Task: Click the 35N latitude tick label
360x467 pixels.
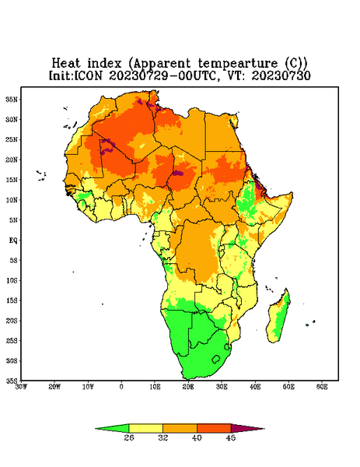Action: (x=12, y=100)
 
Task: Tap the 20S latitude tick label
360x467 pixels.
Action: (x=12, y=321)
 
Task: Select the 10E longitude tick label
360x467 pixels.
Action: (x=155, y=387)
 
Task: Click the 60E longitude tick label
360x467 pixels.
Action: (x=322, y=387)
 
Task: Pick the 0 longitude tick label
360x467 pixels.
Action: (x=121, y=387)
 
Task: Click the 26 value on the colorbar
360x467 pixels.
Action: (x=129, y=437)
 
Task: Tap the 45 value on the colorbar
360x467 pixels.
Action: (x=231, y=437)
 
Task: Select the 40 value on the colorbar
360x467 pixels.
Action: (x=197, y=437)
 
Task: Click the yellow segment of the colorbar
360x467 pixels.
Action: (x=145, y=429)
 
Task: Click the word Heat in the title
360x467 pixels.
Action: (x=66, y=64)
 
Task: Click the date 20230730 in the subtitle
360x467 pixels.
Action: (x=281, y=75)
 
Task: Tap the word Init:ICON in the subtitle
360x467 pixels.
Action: (x=76, y=75)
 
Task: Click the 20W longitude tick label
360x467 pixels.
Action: (x=54, y=387)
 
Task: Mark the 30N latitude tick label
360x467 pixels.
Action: (x=12, y=119)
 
